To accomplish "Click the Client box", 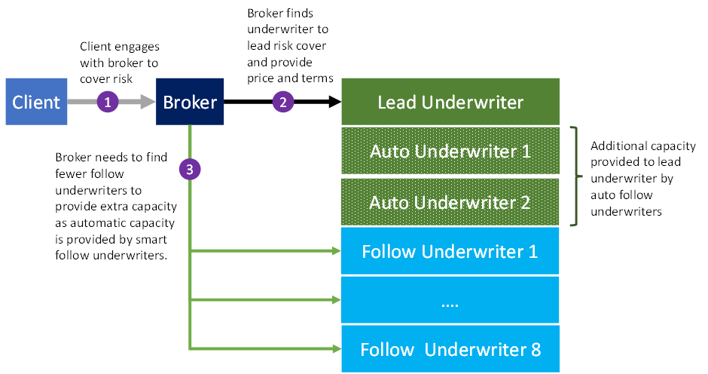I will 36,102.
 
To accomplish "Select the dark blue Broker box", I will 190,102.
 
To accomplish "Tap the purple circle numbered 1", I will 108,102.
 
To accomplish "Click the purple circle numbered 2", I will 283,102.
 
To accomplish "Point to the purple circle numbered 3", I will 190,170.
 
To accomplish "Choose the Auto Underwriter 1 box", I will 450,152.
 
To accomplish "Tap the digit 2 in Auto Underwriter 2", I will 525,203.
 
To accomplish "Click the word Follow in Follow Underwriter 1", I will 389,252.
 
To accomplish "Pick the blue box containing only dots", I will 450,300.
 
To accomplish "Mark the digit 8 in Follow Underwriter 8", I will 535,350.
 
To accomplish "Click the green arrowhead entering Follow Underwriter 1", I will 336,251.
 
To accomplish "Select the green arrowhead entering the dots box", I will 336,299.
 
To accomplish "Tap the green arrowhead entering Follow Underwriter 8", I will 336,348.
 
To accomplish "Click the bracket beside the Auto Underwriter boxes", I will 578,177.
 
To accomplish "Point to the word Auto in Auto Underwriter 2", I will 389,203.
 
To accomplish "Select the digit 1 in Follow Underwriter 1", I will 533,252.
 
